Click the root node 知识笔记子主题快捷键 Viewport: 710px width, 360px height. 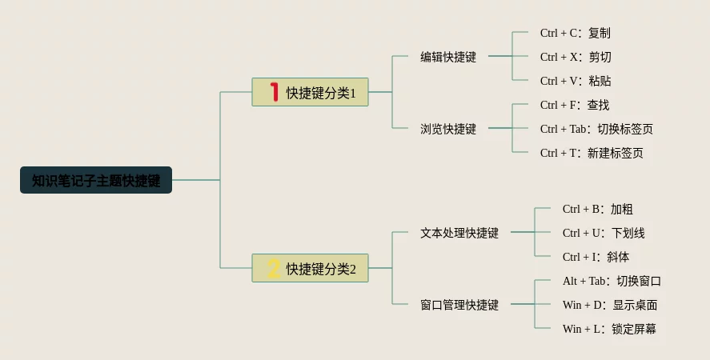[96, 180]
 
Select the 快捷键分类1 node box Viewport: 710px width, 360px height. [311, 92]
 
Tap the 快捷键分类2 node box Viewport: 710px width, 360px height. [311, 268]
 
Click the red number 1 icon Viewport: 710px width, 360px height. [274, 92]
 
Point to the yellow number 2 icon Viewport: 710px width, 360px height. [274, 268]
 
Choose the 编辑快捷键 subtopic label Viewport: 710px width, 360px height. [448, 57]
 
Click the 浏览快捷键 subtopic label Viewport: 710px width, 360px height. [448, 129]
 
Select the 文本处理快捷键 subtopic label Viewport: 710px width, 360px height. [459, 233]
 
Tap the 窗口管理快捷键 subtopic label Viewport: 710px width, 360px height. [459, 305]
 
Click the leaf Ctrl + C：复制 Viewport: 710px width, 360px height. [576, 33]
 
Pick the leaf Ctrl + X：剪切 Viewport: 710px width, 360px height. [576, 57]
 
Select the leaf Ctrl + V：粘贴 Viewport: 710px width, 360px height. [576, 81]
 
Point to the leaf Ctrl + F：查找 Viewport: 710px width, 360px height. [575, 105]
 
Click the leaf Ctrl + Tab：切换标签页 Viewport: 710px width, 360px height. [596, 129]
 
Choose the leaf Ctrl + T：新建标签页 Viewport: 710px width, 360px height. [592, 153]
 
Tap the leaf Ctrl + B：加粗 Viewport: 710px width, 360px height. [598, 209]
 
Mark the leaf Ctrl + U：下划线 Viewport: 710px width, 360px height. [604, 233]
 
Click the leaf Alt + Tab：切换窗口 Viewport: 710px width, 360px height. [612, 281]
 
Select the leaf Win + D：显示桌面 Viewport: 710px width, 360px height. [610, 305]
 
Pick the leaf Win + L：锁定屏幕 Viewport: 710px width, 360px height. [609, 329]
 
